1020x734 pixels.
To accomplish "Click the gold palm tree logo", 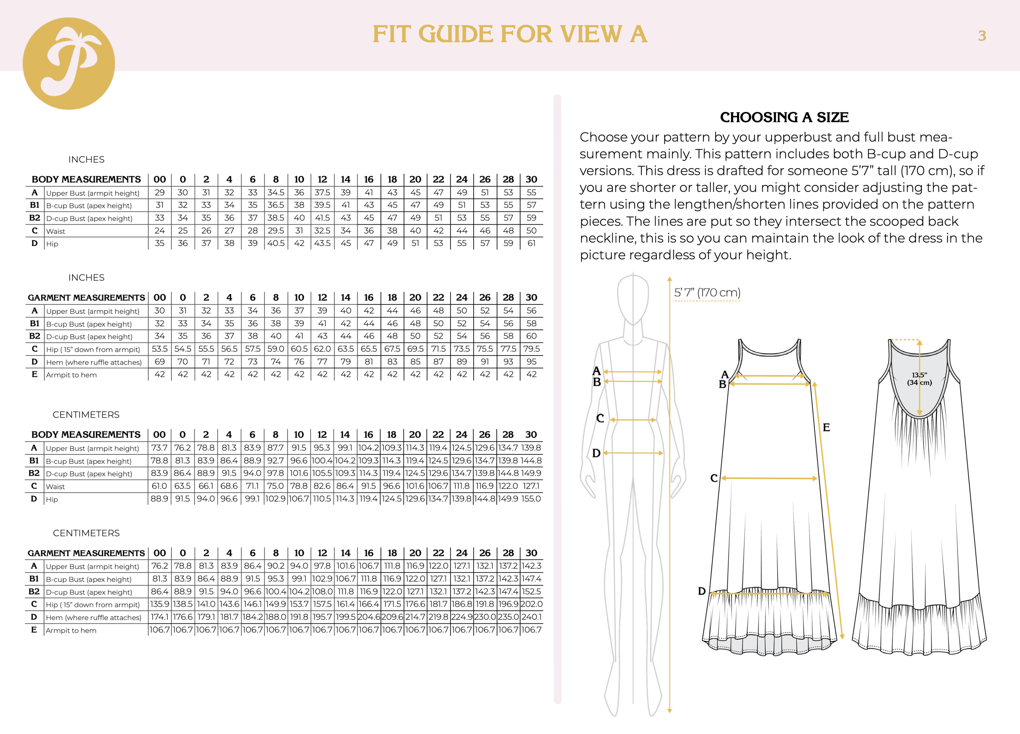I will [x=68, y=64].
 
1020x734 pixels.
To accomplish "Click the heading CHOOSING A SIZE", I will [x=784, y=117].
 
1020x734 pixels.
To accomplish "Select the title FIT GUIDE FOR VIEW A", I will [x=510, y=35].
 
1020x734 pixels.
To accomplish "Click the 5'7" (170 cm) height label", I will [x=707, y=293].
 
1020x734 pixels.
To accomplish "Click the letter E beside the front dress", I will [x=826, y=427].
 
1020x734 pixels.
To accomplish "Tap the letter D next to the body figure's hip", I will [x=596, y=453].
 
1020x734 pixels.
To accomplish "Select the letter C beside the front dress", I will [x=714, y=478].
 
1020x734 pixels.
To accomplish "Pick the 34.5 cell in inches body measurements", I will [x=276, y=192].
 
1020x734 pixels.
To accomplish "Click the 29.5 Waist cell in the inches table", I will [x=276, y=231].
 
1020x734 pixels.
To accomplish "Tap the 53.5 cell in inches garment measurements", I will [x=160, y=349].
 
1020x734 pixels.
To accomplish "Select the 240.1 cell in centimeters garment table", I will [x=531, y=617].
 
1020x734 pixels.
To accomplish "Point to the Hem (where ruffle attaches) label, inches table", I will [x=93, y=362].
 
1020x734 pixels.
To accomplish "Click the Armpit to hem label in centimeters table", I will [x=71, y=630].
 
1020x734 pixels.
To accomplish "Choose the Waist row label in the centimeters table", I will [x=55, y=486].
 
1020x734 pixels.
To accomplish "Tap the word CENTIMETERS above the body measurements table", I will [x=86, y=415].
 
